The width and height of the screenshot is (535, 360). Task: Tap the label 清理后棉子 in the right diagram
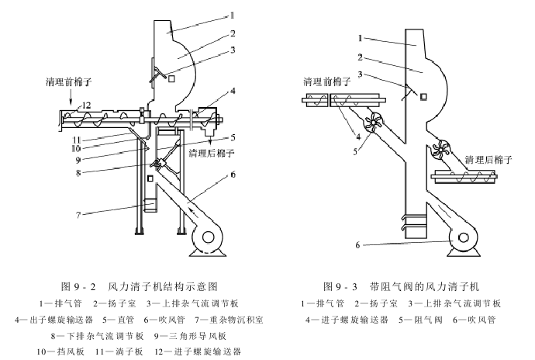(490, 159)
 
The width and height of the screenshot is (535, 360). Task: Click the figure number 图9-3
(343, 286)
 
